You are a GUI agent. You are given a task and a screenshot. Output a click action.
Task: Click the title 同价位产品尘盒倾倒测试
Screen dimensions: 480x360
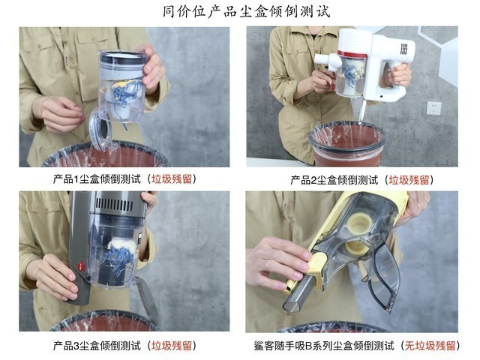246,12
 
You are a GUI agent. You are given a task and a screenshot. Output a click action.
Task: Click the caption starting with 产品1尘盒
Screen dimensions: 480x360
124,179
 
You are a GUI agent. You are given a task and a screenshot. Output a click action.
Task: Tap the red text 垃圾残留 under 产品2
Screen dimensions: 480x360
409,180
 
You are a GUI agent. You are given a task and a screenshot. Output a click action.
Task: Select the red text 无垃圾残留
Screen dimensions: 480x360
430,346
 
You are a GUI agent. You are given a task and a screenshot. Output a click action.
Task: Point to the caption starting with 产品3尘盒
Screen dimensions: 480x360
124,346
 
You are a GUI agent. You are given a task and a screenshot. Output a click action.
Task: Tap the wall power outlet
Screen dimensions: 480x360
434,108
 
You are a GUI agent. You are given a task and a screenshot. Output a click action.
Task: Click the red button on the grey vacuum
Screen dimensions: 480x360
81,265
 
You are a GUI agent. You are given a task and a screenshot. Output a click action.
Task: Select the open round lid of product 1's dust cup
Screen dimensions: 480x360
100,130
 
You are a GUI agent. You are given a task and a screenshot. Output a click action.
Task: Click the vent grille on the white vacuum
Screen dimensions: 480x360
404,49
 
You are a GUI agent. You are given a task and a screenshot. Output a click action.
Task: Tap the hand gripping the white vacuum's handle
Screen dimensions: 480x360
400,74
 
